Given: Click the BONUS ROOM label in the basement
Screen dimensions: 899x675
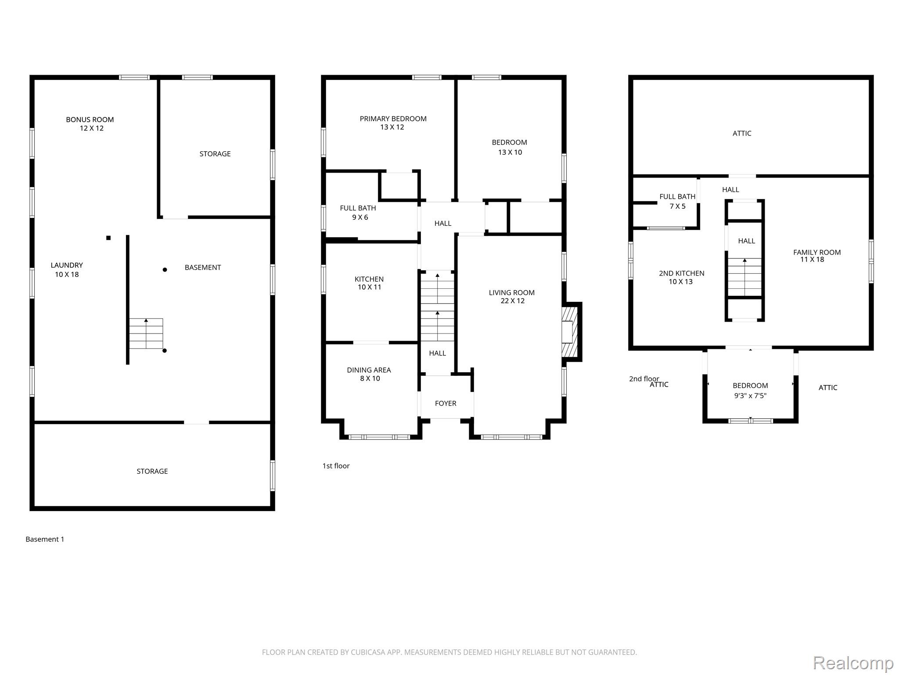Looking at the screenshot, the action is point(90,120).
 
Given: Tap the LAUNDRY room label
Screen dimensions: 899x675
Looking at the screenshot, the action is point(67,265).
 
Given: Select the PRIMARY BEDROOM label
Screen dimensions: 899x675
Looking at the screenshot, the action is point(393,119).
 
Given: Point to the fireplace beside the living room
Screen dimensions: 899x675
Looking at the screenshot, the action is point(572,332).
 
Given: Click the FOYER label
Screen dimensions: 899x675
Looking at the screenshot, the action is point(446,403).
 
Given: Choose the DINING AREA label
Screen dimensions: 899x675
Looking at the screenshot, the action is point(369,370).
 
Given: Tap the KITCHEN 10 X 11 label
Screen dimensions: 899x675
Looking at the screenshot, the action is point(369,283).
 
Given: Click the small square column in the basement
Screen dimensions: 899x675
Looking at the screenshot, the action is point(108,238).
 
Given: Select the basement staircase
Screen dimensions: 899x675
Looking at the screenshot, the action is point(146,334).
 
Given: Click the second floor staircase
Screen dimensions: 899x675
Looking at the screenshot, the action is point(744,277).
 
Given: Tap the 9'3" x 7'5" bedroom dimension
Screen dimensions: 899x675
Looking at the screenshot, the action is point(750,396).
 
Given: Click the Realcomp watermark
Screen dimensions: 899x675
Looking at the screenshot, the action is point(853,663).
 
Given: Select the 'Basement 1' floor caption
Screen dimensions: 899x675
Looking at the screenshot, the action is point(45,539).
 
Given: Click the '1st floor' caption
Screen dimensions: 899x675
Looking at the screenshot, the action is point(336,466).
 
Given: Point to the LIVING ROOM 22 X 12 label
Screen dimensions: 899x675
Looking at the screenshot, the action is point(512,297).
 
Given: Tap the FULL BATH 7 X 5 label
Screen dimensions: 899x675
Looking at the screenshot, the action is point(677,201).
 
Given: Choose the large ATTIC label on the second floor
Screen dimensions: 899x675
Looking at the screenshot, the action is point(742,133).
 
